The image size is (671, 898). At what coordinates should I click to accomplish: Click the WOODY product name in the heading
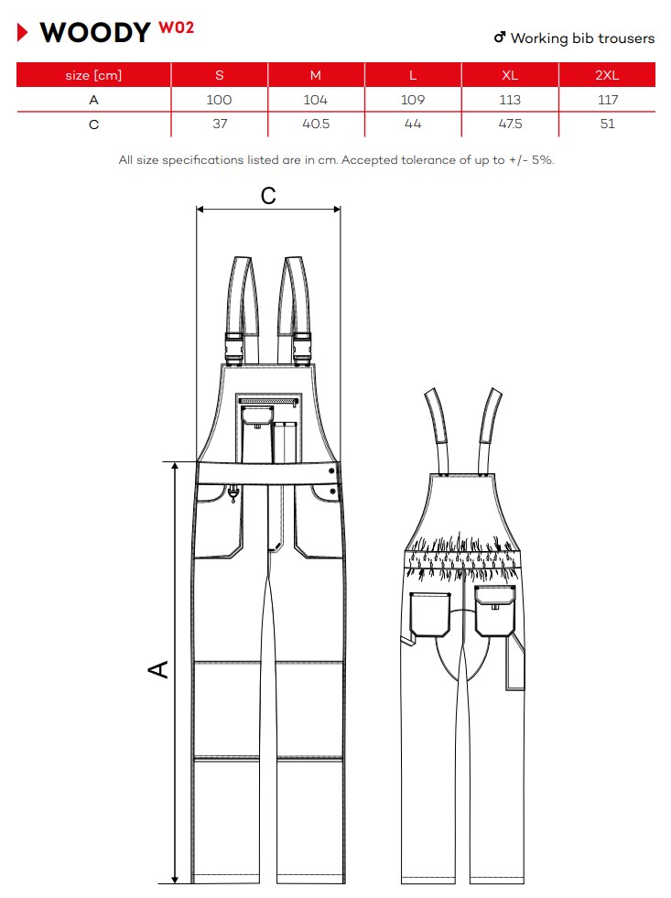click(95, 33)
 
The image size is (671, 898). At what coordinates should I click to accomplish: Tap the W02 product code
click(177, 27)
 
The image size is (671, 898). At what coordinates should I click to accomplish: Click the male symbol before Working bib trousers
click(500, 38)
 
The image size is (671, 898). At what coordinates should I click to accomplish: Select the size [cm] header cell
click(93, 75)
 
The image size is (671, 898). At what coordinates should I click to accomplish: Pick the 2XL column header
click(607, 75)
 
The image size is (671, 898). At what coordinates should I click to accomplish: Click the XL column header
click(510, 75)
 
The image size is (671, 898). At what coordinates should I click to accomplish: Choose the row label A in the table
click(94, 100)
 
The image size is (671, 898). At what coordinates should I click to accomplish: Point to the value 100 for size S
click(219, 100)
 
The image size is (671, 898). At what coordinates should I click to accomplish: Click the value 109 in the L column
click(413, 100)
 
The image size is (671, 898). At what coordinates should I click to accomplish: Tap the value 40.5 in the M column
click(316, 124)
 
